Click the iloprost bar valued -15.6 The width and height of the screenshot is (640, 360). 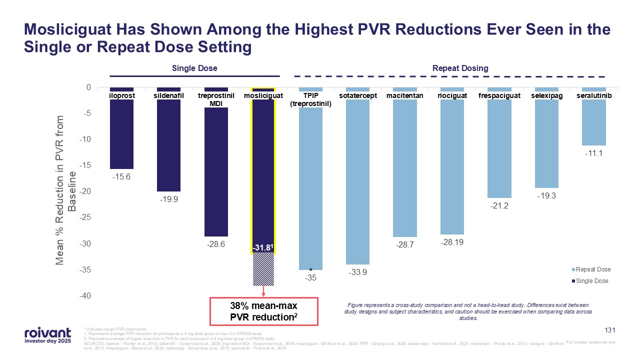click(121, 135)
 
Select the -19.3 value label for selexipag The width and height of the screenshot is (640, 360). click(546, 196)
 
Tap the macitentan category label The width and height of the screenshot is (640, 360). click(405, 95)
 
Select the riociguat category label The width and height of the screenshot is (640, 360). click(452, 95)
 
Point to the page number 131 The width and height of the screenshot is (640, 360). click(609, 330)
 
